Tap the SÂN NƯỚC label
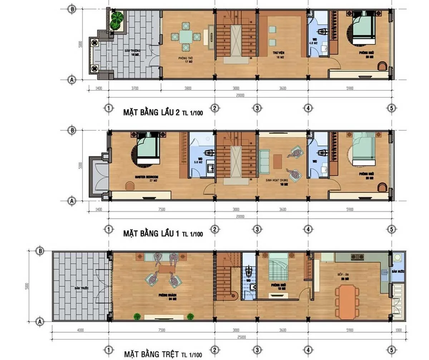(398, 271)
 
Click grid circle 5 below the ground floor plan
(392, 350)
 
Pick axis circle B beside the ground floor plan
(40, 251)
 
